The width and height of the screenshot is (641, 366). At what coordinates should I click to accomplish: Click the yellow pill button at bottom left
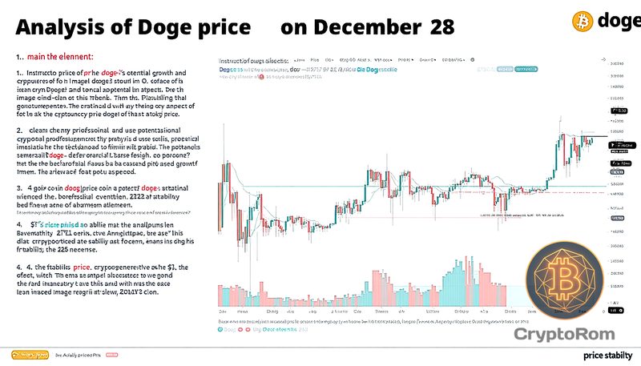pyautogui.click(x=30, y=354)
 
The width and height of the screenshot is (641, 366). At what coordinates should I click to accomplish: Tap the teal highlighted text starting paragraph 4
pyautogui.click(x=57, y=226)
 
